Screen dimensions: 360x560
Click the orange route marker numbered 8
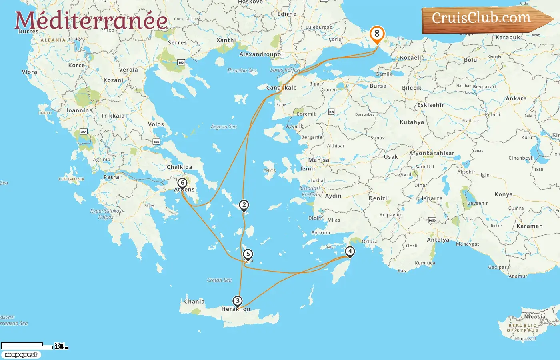pos(377,34)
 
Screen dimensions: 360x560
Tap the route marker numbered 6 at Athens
pos(182,183)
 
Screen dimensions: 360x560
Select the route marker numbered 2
pos(244,205)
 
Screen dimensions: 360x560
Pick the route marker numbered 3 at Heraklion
pos(238,301)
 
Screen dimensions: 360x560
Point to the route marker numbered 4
pos(350,252)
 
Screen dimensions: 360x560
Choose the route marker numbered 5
pos(248,254)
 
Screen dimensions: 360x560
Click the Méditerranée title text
pos(91,21)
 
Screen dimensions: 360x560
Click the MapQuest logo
pos(21,355)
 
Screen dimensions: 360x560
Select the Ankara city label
pos(516,98)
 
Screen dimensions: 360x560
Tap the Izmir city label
pos(308,169)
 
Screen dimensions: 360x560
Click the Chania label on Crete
pos(194,302)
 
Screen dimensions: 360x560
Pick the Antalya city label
pos(438,240)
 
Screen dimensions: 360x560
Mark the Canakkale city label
pos(282,88)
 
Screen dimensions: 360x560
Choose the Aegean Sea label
pos(224,127)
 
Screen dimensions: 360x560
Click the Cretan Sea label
pos(219,280)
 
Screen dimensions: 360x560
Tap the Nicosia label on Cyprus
pos(535,317)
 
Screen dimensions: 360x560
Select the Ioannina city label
pos(79,110)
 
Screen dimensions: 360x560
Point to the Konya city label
pos(504,194)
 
